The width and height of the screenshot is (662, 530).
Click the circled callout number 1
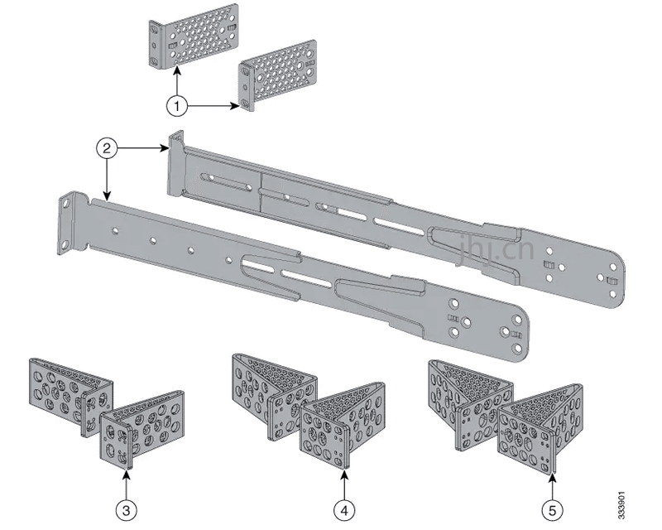click(x=176, y=106)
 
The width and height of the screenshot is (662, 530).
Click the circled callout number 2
click(x=105, y=149)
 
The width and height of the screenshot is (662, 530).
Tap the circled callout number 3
click(x=125, y=508)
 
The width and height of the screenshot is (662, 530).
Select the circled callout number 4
click(x=343, y=508)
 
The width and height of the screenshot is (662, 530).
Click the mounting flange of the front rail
click(x=70, y=222)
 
